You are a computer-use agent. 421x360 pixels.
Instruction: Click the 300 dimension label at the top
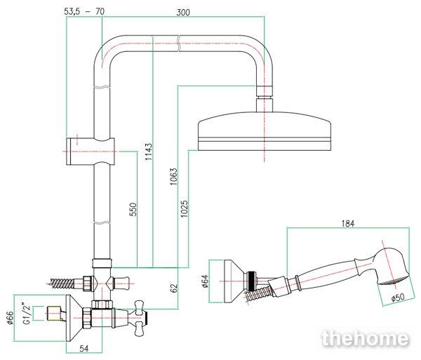tap(183, 12)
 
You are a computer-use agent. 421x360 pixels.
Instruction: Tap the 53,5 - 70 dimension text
tap(84, 11)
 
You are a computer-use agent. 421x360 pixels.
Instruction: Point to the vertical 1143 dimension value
tap(149, 152)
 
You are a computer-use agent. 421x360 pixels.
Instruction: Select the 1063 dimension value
tap(174, 176)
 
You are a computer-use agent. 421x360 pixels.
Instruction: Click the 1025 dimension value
tap(184, 208)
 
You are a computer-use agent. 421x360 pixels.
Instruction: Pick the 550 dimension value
tap(133, 209)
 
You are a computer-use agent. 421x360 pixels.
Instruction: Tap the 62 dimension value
tap(174, 288)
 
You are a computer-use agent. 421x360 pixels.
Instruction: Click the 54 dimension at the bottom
tap(84, 348)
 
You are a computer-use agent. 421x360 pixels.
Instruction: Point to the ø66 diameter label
tap(11, 318)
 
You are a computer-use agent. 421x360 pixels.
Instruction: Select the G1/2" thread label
tap(27, 313)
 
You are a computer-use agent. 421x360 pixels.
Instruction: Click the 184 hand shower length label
tap(348, 223)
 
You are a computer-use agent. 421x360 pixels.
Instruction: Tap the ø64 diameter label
tap(205, 281)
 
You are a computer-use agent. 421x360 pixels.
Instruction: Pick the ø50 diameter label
tap(398, 297)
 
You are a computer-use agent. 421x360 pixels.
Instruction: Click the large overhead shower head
tap(265, 131)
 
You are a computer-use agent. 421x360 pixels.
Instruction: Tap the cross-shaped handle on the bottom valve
tap(139, 319)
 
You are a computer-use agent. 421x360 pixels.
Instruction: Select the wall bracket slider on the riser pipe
tap(91, 151)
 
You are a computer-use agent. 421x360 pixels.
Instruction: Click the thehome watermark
tap(366, 338)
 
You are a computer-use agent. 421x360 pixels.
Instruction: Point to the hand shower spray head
tap(392, 267)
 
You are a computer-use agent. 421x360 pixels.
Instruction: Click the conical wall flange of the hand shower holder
tap(234, 281)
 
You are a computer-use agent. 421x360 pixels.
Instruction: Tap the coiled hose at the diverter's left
tap(62, 284)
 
